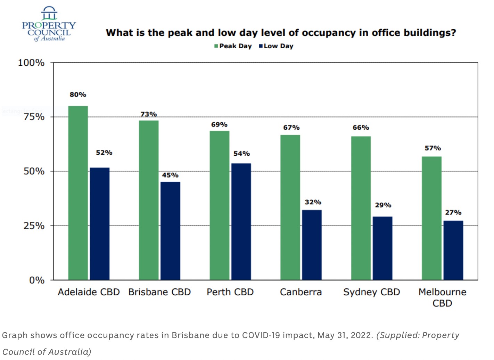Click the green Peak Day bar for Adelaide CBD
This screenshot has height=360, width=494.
[x=78, y=193]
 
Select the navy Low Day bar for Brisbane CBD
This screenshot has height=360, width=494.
[x=170, y=231]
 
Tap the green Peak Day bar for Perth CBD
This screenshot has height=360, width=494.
[x=219, y=205]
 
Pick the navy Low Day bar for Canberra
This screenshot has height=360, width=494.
[x=312, y=245]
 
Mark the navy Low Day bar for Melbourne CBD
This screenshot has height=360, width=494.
[x=453, y=250]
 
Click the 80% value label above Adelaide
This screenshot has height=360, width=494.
[x=78, y=95]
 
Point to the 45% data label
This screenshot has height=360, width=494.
[x=170, y=175]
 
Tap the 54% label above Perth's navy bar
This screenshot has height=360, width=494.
[x=241, y=154]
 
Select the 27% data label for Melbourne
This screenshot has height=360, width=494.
[x=453, y=212]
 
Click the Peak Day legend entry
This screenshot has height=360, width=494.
[x=233, y=46]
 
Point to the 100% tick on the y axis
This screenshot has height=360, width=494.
[x=31, y=63]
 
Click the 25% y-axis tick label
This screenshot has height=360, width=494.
[x=34, y=226]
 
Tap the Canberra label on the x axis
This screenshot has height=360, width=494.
[x=301, y=292]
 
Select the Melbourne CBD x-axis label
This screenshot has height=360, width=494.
[x=442, y=297]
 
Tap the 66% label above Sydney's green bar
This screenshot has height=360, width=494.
[x=361, y=128]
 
